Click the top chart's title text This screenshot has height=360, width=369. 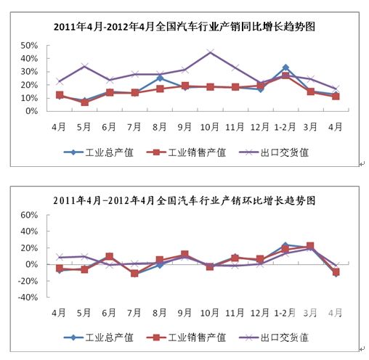click(184, 26)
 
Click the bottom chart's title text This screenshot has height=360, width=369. click(184, 200)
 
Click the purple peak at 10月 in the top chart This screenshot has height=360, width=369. click(210, 52)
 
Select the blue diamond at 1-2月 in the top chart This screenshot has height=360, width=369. click(285, 67)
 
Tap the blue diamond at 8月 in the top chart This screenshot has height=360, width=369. click(160, 78)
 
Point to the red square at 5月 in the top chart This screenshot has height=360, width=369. click(85, 102)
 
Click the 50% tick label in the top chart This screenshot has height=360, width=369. click(29, 45)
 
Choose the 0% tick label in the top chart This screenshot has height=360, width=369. click(32, 111)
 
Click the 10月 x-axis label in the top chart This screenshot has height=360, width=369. click(210, 127)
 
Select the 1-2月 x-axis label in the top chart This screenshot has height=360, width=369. click(285, 127)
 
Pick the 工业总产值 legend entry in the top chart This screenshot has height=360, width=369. click(99, 152)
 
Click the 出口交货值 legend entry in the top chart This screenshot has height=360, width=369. click(274, 152)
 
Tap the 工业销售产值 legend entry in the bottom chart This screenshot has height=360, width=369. click(186, 337)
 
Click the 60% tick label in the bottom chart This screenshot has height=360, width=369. click(29, 215)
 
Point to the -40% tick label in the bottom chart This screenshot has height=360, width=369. click(28, 297)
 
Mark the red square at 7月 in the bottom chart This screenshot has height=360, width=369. click(134, 274)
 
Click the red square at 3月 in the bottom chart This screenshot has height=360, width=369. click(310, 246)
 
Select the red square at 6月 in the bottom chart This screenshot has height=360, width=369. click(110, 256)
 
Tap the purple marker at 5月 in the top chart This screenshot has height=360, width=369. click(85, 66)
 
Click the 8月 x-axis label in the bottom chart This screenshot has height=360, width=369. click(160, 313)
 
